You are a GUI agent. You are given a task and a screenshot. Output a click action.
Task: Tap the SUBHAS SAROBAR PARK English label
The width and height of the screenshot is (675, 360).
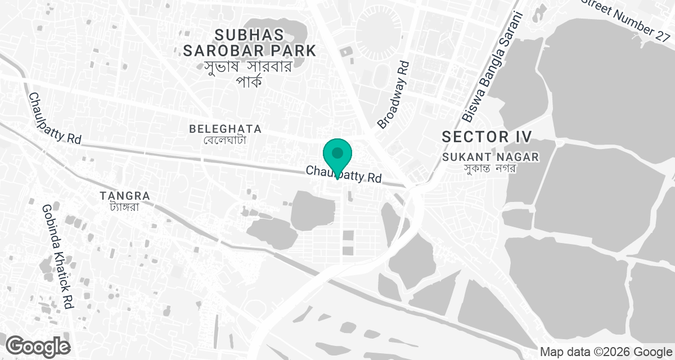[x=249, y=42]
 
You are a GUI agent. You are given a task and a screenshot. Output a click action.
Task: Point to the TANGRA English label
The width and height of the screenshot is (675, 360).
[x=124, y=196]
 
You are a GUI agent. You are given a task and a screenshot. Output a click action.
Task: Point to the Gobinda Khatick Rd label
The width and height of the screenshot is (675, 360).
[x=57, y=256]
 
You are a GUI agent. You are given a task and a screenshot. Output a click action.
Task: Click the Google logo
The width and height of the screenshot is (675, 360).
[x=38, y=345]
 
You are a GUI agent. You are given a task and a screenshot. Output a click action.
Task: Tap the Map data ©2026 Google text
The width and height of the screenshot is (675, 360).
[x=605, y=352]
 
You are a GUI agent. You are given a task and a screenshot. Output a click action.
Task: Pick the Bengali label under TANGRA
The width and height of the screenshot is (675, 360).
[x=124, y=206]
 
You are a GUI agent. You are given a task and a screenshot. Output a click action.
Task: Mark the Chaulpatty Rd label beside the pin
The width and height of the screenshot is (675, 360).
[x=344, y=174]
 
